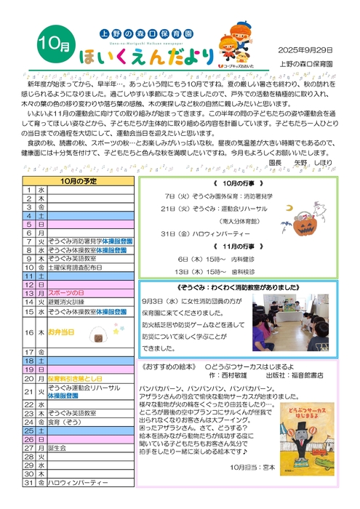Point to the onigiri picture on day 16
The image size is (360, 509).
click(x=95, y=334)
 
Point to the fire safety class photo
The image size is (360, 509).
click(x=292, y=325)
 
